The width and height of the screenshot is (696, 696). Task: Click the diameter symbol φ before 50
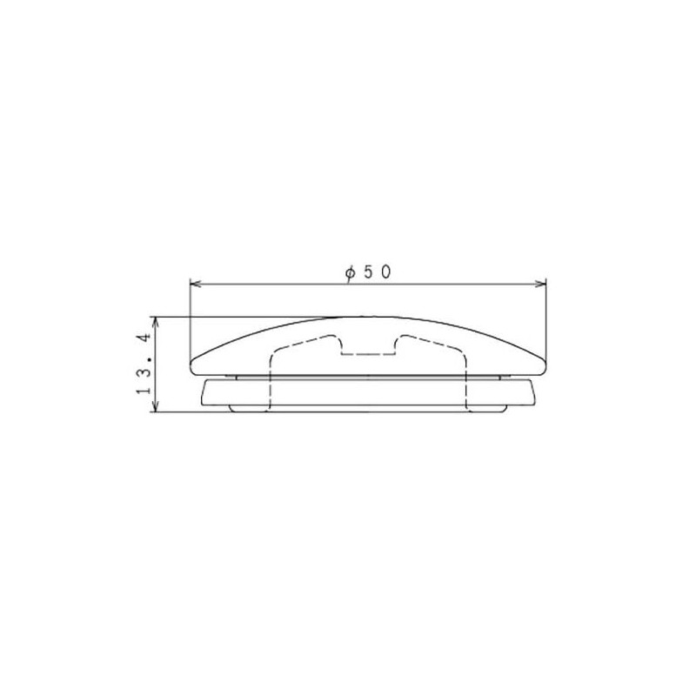click(x=351, y=273)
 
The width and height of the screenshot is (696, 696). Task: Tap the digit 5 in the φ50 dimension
click(x=369, y=272)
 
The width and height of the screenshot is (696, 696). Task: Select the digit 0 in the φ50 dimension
click(x=385, y=272)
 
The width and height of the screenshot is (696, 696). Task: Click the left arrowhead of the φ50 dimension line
click(x=196, y=284)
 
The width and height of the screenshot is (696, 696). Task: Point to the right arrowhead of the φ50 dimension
click(x=540, y=284)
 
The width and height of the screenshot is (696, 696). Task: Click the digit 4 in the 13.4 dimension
click(x=145, y=338)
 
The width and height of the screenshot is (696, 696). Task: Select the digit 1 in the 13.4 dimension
click(x=145, y=390)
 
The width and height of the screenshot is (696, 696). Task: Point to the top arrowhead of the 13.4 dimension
click(x=156, y=323)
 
